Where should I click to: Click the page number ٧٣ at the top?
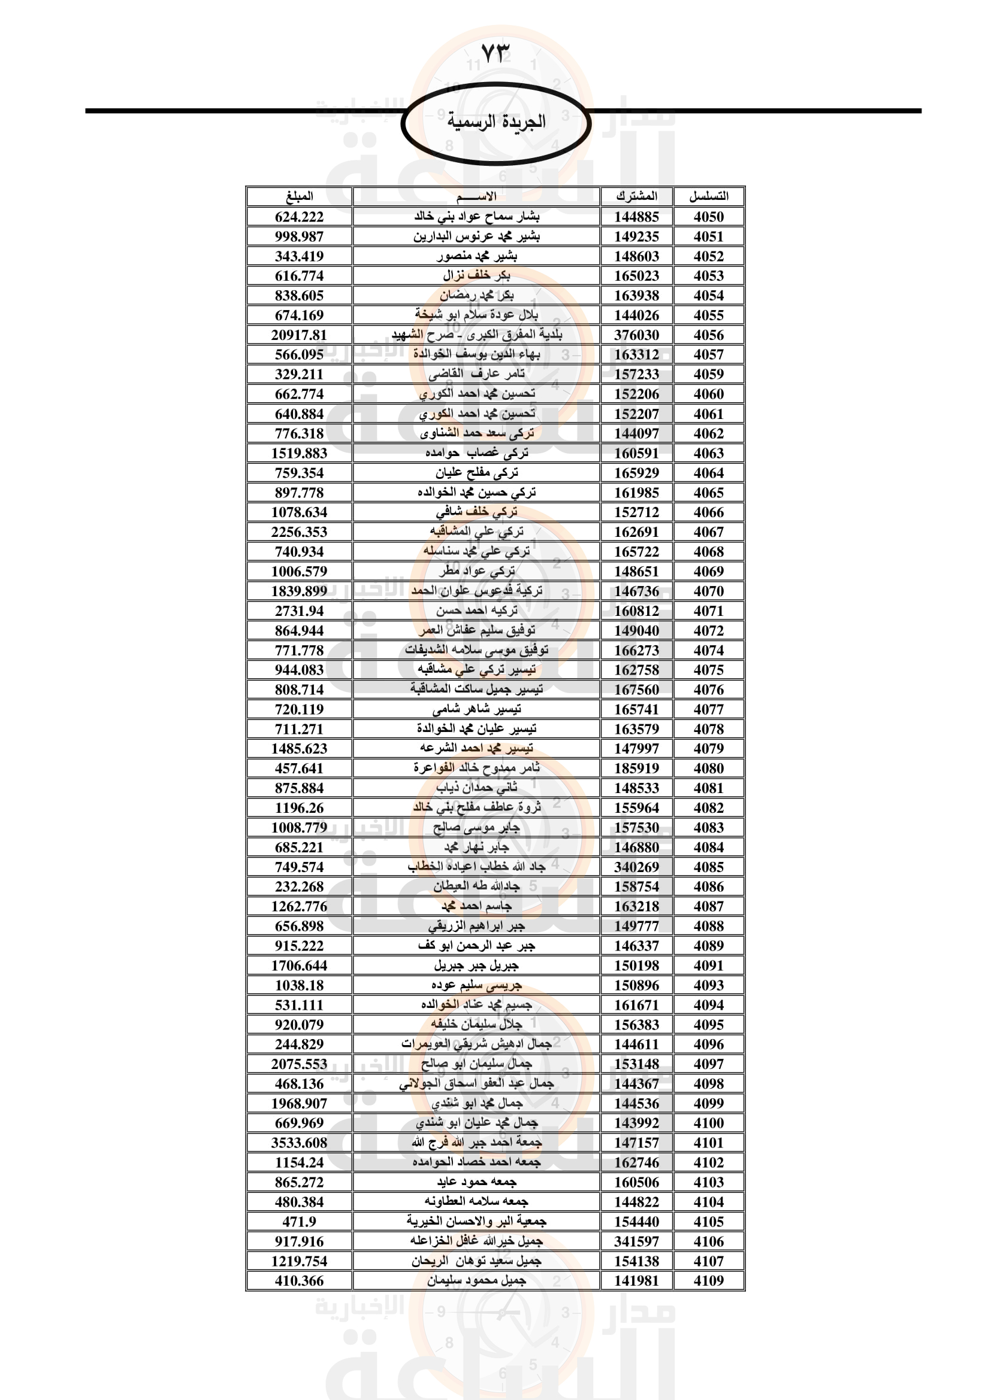[x=495, y=54]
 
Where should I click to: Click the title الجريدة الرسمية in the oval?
[x=496, y=122]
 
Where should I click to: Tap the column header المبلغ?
[x=299, y=196]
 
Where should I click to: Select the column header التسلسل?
[x=708, y=196]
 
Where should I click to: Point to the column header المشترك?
[x=636, y=196]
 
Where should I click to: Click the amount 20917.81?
[x=299, y=335]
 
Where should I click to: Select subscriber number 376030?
[x=636, y=335]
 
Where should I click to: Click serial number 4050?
[x=708, y=217]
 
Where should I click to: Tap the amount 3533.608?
[x=299, y=1143]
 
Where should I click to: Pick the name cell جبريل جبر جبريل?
[x=476, y=965]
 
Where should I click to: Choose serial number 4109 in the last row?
[x=708, y=1280]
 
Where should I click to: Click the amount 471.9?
[x=299, y=1222]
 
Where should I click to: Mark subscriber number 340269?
[x=636, y=867]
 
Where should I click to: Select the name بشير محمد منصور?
[x=476, y=256]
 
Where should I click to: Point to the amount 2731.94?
[x=299, y=611]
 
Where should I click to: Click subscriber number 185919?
[x=636, y=769]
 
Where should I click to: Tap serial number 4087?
[x=708, y=906]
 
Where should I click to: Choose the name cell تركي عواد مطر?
[x=476, y=572]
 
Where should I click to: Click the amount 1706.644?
[x=299, y=965]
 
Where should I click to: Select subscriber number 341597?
[x=636, y=1241]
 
